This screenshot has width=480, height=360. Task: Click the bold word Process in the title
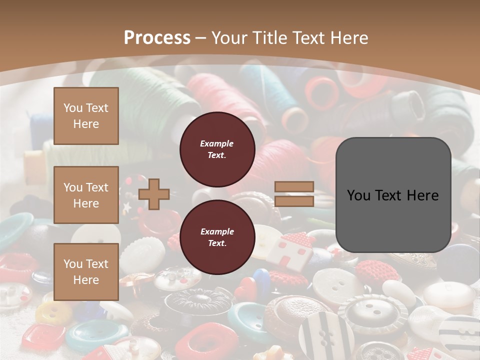157,37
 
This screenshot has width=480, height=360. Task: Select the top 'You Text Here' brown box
86,116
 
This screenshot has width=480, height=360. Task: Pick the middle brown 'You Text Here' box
86,195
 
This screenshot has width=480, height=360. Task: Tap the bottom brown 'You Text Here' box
86,272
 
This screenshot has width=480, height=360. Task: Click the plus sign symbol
154,194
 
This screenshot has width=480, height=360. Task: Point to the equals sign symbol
294,194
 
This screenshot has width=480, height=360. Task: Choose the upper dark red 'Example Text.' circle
217,149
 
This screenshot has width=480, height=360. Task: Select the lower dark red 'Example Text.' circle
217,237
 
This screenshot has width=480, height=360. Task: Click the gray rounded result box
393,195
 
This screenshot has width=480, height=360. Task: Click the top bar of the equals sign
294,187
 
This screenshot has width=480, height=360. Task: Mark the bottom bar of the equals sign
294,201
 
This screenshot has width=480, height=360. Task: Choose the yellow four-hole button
53,312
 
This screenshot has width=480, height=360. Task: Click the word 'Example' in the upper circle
217,143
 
